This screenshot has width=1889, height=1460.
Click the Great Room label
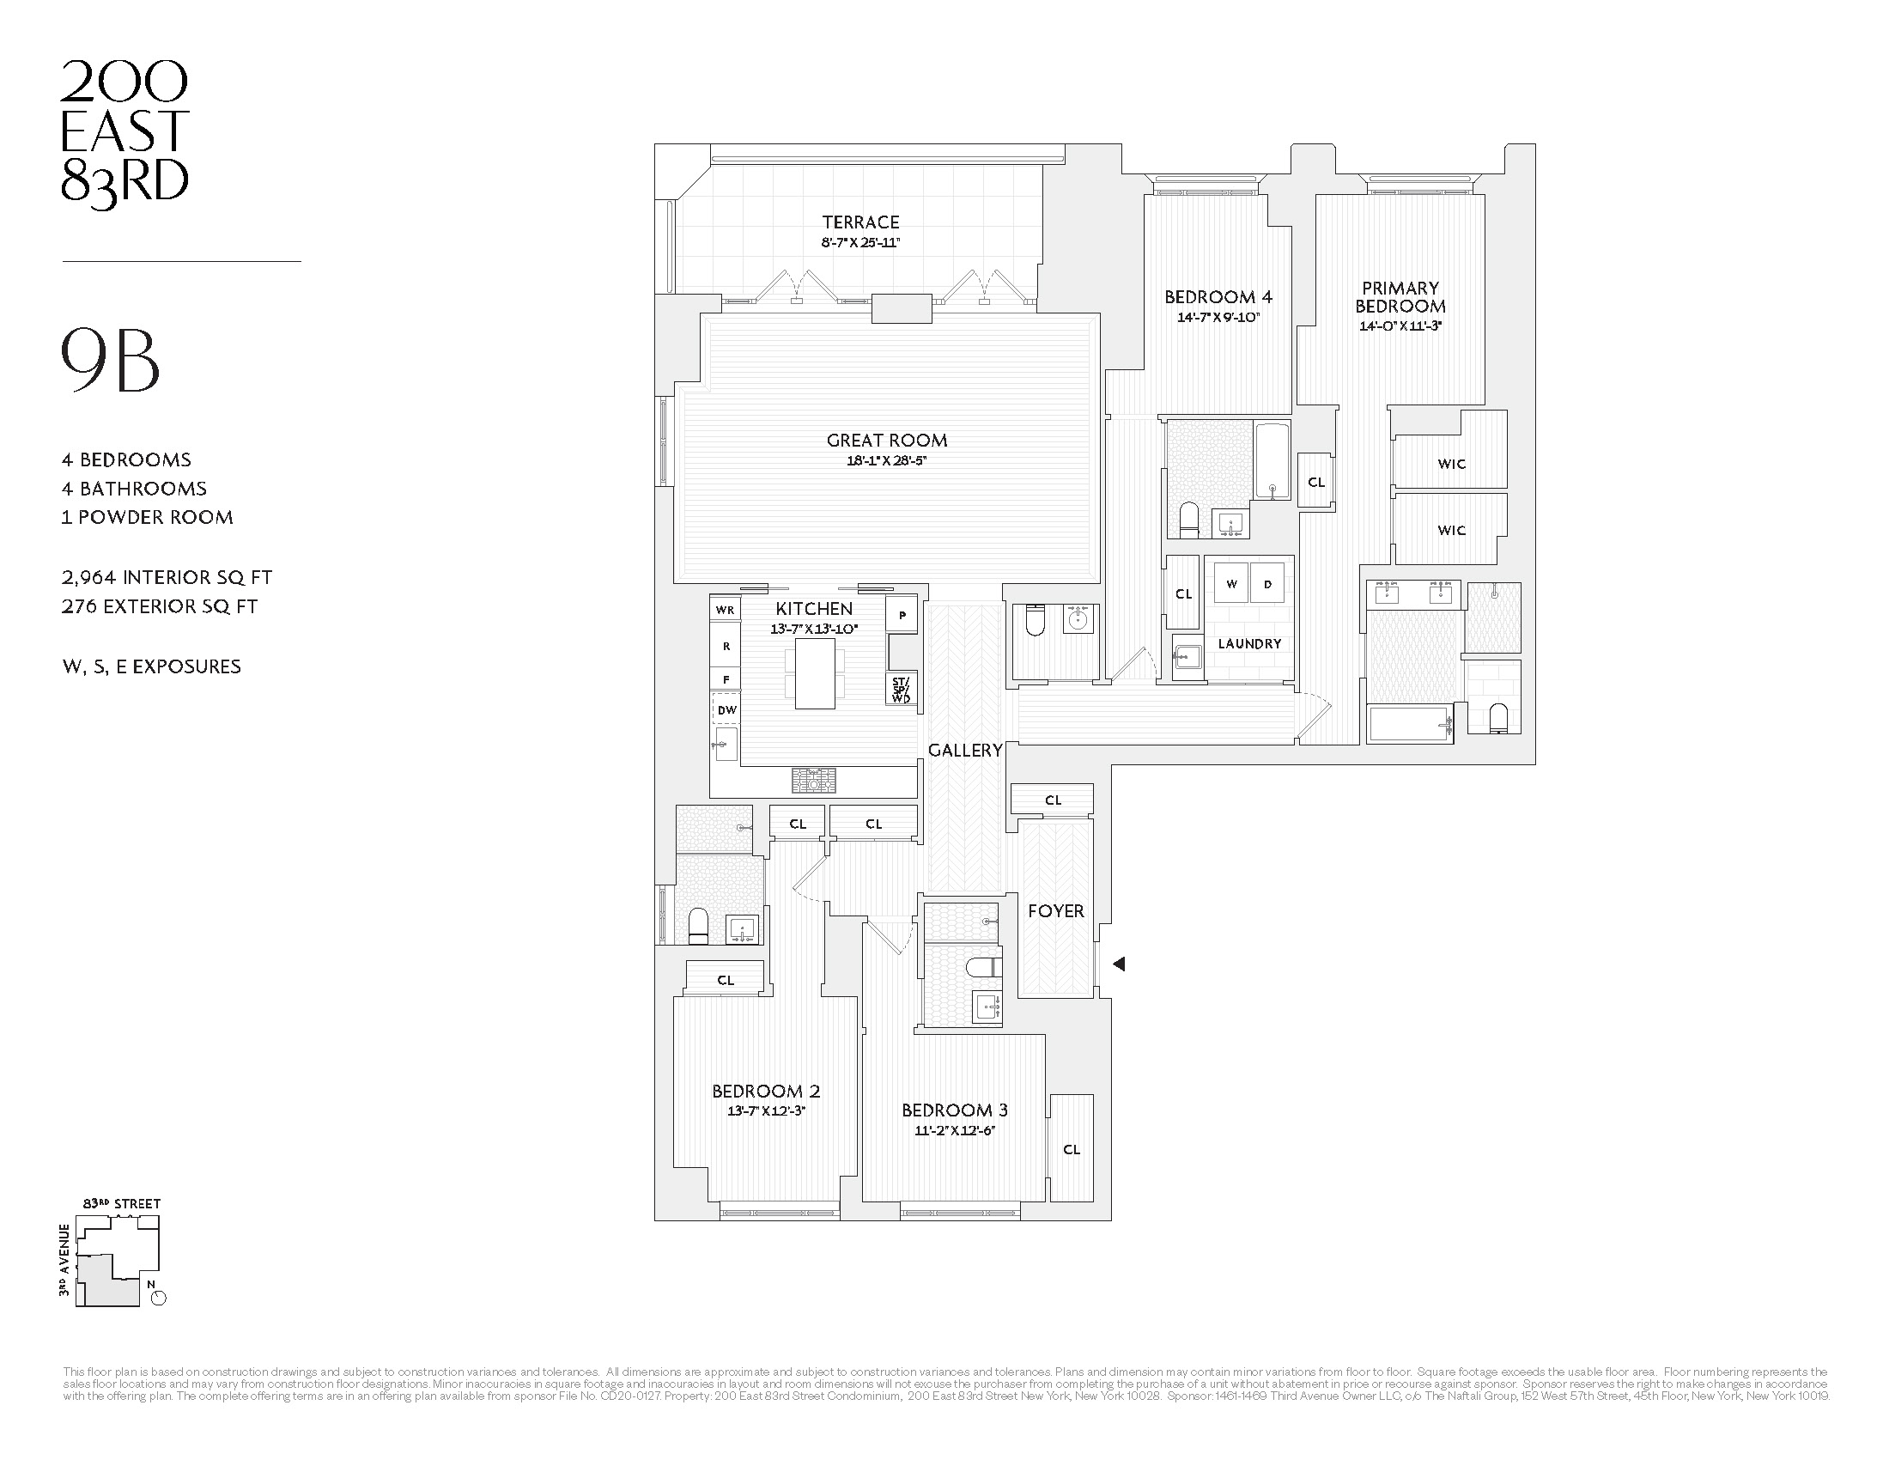[x=887, y=441]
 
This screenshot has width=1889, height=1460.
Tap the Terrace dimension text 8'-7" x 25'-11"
[x=860, y=243]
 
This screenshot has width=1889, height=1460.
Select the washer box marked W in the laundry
[x=1230, y=585]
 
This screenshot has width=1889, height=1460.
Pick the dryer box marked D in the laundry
[x=1268, y=585]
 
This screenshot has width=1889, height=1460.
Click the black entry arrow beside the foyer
[x=1118, y=964]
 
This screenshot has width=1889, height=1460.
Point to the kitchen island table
[x=815, y=674]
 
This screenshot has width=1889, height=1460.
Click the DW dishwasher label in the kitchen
[x=726, y=710]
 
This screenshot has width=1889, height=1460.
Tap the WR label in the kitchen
[x=725, y=610]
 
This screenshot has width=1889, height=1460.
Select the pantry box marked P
[x=902, y=615]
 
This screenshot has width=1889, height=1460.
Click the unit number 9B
[x=111, y=361]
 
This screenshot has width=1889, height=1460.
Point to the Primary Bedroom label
[x=1400, y=296]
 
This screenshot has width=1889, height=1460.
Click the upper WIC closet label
[x=1451, y=464]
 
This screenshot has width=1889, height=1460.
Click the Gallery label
[x=964, y=750]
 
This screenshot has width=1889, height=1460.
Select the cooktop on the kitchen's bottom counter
[x=813, y=780]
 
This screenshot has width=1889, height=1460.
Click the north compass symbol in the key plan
[x=158, y=1298]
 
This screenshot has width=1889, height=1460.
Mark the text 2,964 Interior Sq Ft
[x=167, y=577]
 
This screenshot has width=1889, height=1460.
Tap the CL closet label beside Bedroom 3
[x=1072, y=1149]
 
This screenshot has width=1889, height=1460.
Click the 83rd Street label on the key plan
[x=122, y=1203]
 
